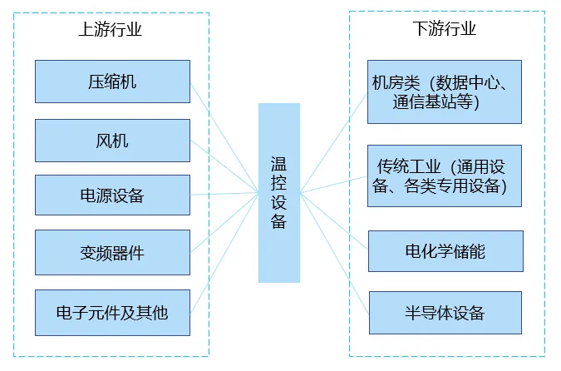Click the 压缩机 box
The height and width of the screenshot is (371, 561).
112,82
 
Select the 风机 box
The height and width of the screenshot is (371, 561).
112,141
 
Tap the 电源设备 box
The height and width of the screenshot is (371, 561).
112,195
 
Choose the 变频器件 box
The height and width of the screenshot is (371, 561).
112,252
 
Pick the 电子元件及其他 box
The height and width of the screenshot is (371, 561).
112,313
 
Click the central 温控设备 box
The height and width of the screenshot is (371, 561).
278,192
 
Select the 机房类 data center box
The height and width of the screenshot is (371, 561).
445,92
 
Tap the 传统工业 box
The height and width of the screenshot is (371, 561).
445,176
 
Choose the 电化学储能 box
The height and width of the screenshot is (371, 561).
445,251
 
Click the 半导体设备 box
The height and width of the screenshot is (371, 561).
445,313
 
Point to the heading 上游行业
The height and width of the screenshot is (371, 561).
111,30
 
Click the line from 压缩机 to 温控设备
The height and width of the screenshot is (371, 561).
224,138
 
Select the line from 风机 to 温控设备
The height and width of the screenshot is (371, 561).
224,166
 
